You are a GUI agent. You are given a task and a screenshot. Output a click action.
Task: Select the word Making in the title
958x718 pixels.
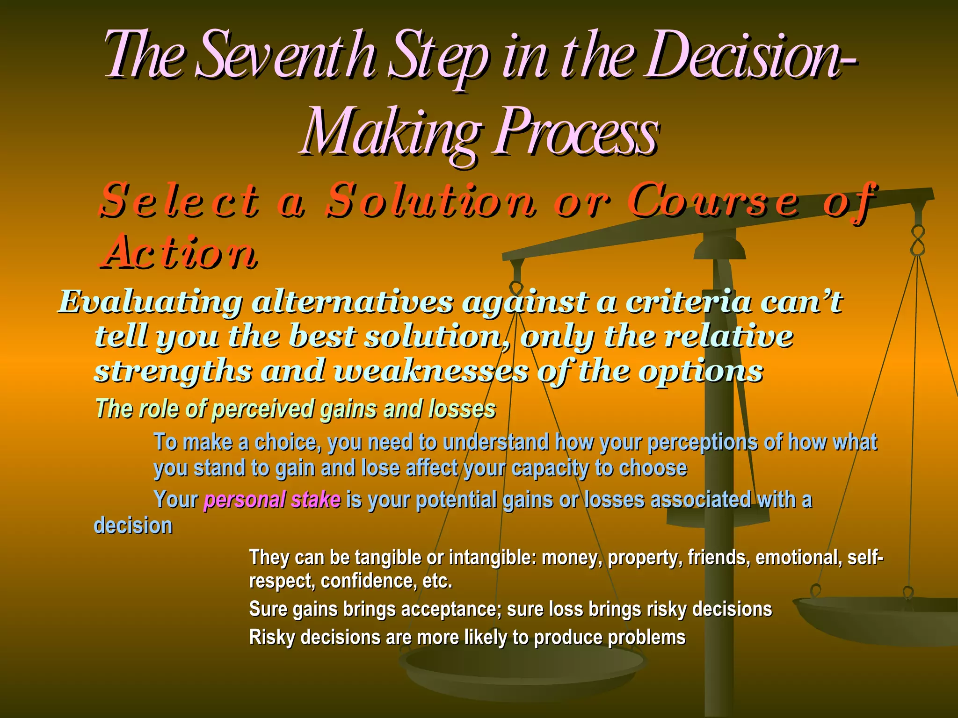(x=391, y=133)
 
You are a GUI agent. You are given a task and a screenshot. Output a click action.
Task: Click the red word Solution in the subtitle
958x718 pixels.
(x=430, y=201)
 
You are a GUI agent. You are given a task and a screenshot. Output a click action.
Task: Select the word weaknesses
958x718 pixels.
(x=431, y=372)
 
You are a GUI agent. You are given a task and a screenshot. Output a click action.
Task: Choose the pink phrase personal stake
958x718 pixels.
(x=272, y=500)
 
